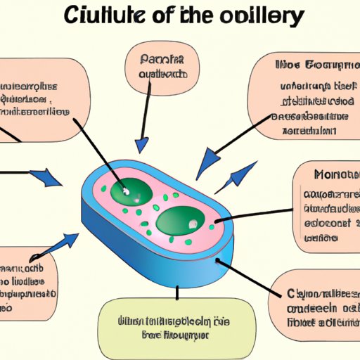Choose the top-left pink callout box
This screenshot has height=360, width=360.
(x=42, y=99)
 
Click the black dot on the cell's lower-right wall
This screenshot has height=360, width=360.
(x=216, y=262)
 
